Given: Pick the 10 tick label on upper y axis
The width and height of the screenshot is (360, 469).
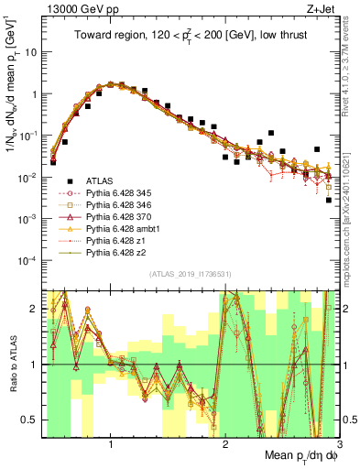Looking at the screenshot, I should (x=30, y=52).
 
